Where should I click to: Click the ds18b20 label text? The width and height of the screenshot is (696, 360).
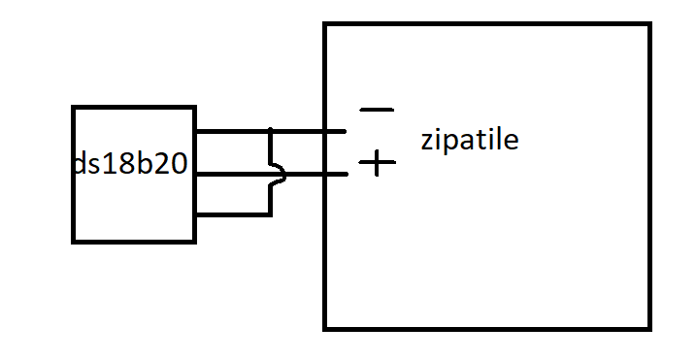(130, 163)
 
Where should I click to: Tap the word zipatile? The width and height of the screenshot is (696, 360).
(470, 140)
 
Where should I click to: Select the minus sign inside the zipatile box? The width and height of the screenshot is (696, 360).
(377, 110)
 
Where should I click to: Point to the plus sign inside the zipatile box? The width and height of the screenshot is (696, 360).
(377, 163)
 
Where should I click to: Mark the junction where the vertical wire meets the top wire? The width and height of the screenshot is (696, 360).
(270, 131)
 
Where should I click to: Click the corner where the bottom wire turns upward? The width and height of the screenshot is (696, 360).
(270, 214)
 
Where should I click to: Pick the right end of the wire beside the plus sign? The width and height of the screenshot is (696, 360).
(346, 174)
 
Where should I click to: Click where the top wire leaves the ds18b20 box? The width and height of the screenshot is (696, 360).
(196, 131)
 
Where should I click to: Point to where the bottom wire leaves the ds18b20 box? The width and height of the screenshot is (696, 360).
(196, 214)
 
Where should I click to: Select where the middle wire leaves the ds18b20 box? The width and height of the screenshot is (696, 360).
(196, 174)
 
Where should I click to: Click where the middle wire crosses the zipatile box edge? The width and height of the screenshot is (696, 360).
(325, 174)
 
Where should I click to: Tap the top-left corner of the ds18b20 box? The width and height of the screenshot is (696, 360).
(73, 107)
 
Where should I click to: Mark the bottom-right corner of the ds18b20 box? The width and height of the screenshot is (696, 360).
(195, 242)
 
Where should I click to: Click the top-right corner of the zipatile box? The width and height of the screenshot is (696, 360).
(650, 23)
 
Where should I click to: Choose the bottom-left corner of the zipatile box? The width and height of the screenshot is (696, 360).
(324, 329)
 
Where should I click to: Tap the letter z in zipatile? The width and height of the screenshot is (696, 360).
(426, 142)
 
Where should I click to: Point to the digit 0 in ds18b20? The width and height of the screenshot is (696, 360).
(179, 163)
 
